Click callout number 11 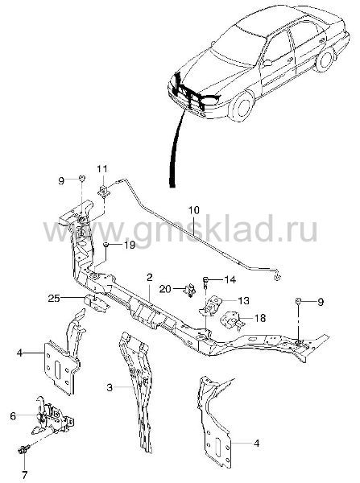pyautogui.click(x=102, y=169)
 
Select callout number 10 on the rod pyautogui.click(x=194, y=210)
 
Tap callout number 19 pyautogui.click(x=130, y=246)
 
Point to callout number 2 pyautogui.click(x=150, y=278)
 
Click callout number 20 pyautogui.click(x=165, y=289)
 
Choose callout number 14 pyautogui.click(x=230, y=279)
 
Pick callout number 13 pyautogui.click(x=244, y=300)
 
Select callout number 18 pyautogui.click(x=260, y=318)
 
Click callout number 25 pyautogui.click(x=54, y=298)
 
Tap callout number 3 pyautogui.click(x=110, y=387)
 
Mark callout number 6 pyautogui.click(x=13, y=416)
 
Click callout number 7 pyautogui.click(x=25, y=473)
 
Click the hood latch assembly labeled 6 pyautogui.click(x=53, y=416)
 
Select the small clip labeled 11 pyautogui.click(x=104, y=190)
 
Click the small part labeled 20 pyautogui.click(x=191, y=290)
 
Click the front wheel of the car pyautogui.click(x=242, y=105)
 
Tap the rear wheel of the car pyautogui.click(x=325, y=60)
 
